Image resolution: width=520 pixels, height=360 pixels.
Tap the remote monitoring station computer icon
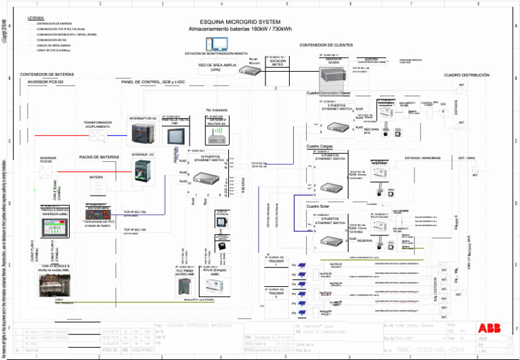220,45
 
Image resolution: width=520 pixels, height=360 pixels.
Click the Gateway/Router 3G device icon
216,134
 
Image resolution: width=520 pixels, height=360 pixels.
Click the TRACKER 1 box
272,263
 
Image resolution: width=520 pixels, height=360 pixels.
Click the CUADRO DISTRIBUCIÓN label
465,75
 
